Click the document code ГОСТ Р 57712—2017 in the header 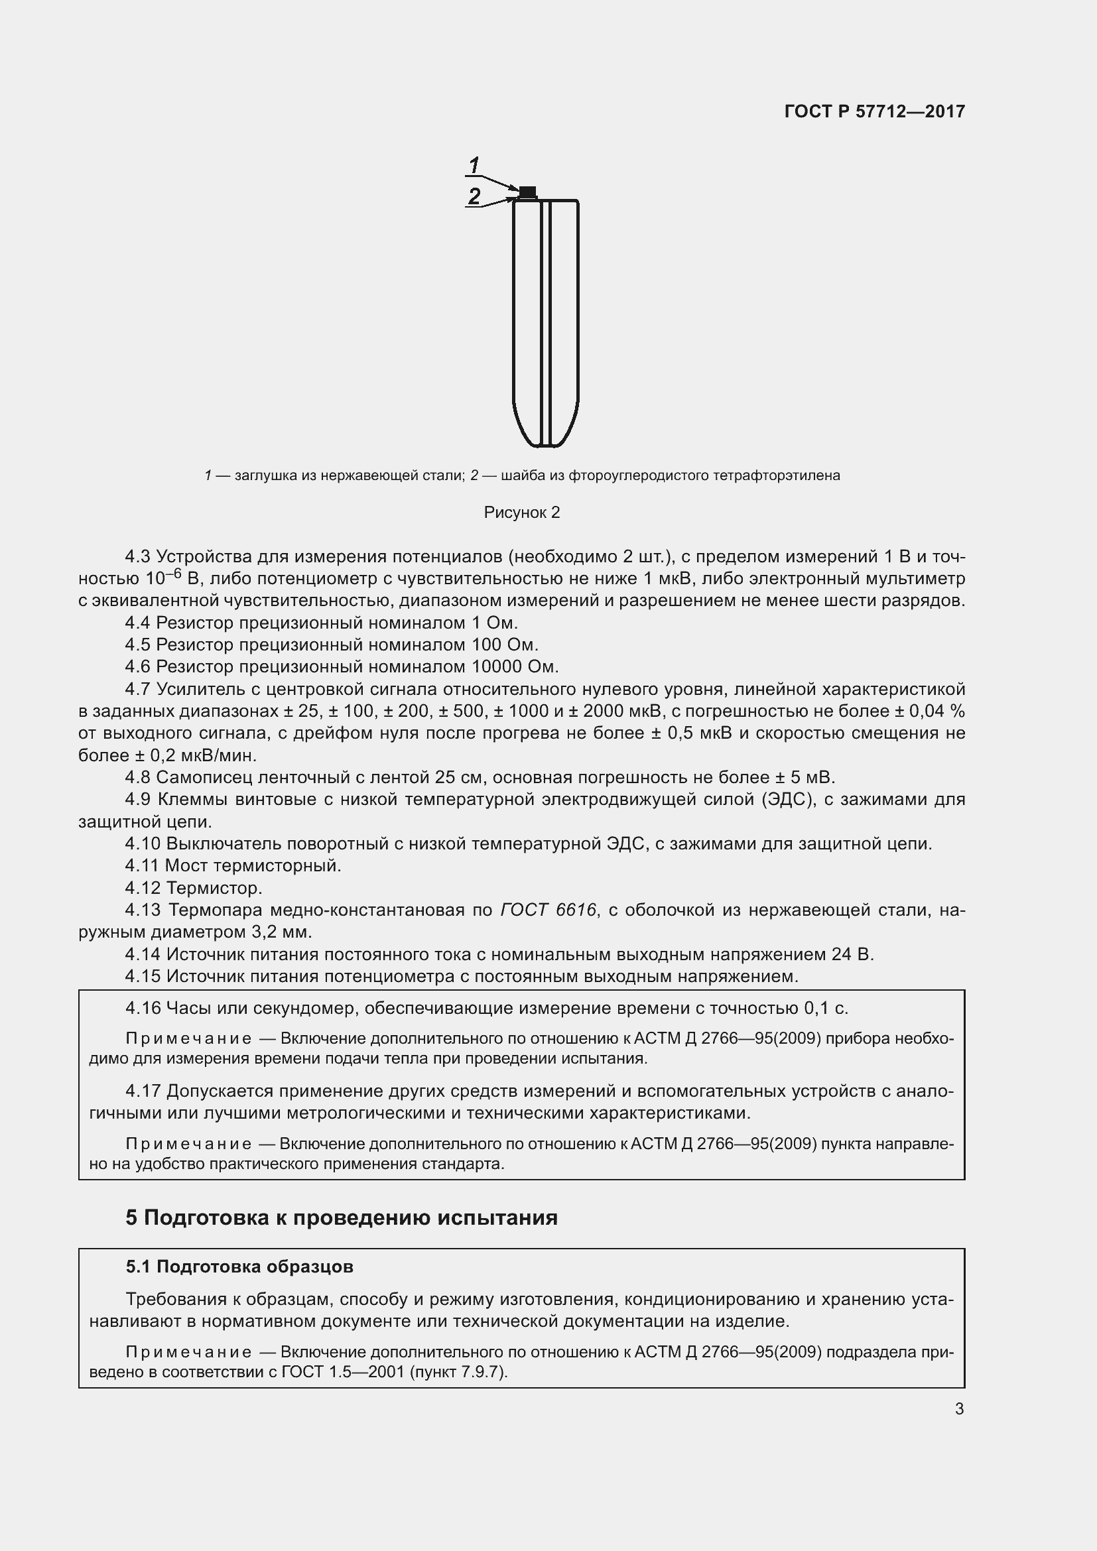click(874, 111)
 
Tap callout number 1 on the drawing click(474, 164)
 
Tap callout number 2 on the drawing click(474, 196)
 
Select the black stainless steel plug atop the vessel click(527, 191)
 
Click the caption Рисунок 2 click(521, 513)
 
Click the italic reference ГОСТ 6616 click(548, 910)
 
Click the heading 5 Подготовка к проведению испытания click(341, 1217)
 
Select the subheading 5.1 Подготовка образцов click(239, 1267)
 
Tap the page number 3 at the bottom click(959, 1409)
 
